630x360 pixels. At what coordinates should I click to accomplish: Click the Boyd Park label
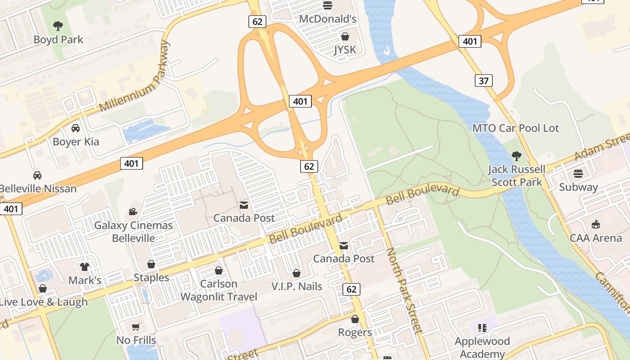tap(58, 40)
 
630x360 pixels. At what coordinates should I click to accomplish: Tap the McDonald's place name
tap(328, 19)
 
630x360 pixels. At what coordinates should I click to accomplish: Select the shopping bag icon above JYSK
tap(345, 36)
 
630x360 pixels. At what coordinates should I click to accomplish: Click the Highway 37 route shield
tap(483, 81)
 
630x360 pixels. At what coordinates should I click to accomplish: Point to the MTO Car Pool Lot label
tap(515, 128)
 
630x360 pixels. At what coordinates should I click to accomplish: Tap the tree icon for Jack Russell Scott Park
tap(517, 156)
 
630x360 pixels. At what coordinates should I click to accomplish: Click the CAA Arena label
tap(595, 238)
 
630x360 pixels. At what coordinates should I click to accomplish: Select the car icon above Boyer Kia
tap(76, 128)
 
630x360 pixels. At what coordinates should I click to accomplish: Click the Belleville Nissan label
tap(38, 189)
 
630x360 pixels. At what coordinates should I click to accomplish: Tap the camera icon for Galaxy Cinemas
tap(133, 211)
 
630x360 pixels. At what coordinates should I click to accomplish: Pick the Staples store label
tap(151, 278)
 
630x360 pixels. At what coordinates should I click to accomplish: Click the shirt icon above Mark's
tap(85, 267)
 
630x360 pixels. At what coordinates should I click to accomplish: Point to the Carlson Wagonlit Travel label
tap(219, 290)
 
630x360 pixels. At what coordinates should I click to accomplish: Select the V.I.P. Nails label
tap(297, 286)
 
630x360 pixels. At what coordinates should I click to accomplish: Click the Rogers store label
tap(355, 333)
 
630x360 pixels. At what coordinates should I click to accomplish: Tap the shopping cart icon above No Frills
tap(136, 327)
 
